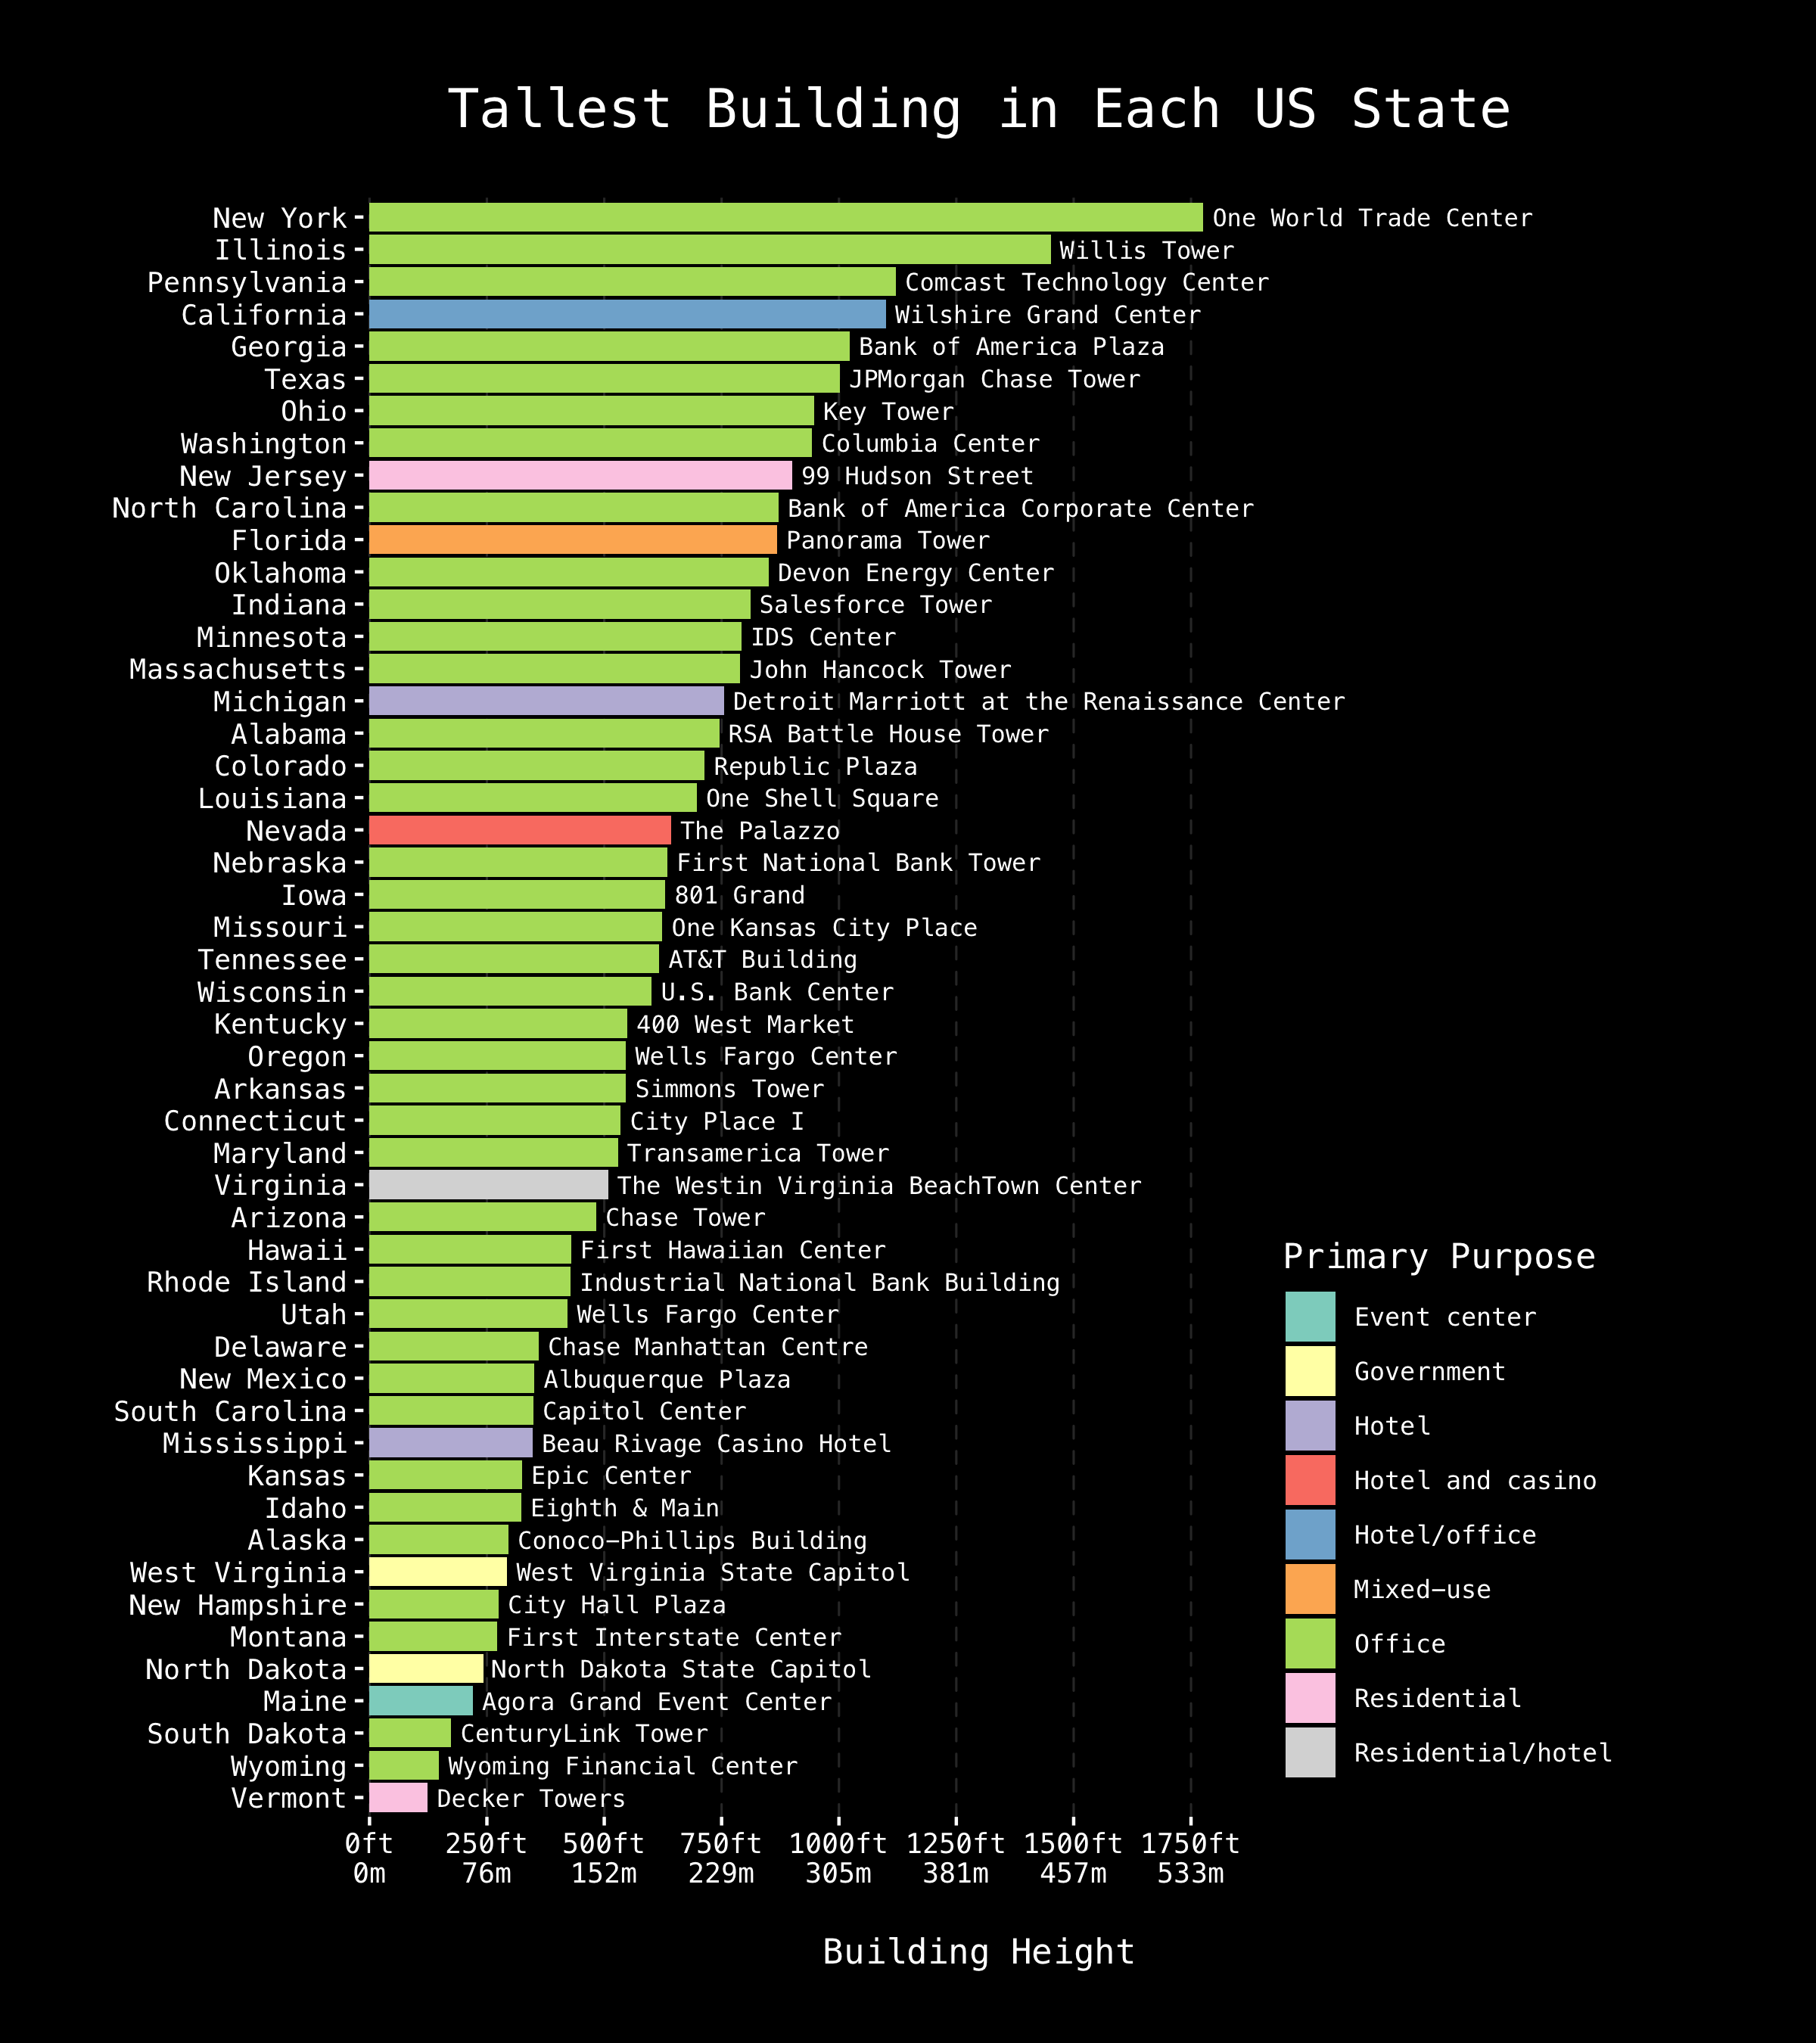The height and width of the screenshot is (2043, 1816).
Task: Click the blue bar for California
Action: [x=627, y=315]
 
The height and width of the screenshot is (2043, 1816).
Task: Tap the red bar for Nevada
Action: [x=520, y=831]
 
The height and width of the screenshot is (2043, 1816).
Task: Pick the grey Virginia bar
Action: [x=488, y=1186]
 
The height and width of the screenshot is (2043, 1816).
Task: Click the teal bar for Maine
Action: [x=421, y=1701]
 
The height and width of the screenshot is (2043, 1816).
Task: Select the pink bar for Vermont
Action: [x=398, y=1798]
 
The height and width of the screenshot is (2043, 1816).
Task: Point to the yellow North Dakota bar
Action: [x=426, y=1669]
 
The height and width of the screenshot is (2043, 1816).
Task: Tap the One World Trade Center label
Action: [x=1371, y=218]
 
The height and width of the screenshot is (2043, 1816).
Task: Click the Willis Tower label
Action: [x=1146, y=251]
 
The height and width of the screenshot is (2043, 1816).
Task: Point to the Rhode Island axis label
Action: [x=246, y=1283]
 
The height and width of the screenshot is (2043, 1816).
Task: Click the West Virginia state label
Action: [x=238, y=1572]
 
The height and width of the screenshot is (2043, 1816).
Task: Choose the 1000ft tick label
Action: [x=838, y=1844]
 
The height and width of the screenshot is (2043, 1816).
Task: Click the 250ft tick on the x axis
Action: [x=487, y=1844]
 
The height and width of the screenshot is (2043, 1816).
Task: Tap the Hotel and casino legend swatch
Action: [x=1309, y=1480]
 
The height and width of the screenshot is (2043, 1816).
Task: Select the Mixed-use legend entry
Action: [x=1421, y=1589]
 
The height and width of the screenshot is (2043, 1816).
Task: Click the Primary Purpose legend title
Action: [x=1438, y=1256]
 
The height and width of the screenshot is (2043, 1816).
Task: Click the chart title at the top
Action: [x=978, y=109]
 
